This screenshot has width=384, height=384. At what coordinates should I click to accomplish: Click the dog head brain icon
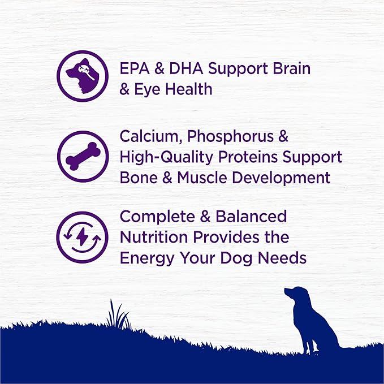[82, 76]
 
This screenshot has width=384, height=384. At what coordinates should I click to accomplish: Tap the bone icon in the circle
[82, 157]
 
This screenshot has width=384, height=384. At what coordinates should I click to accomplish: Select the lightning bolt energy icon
[82, 237]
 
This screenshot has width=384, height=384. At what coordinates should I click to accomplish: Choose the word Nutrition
[156, 238]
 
